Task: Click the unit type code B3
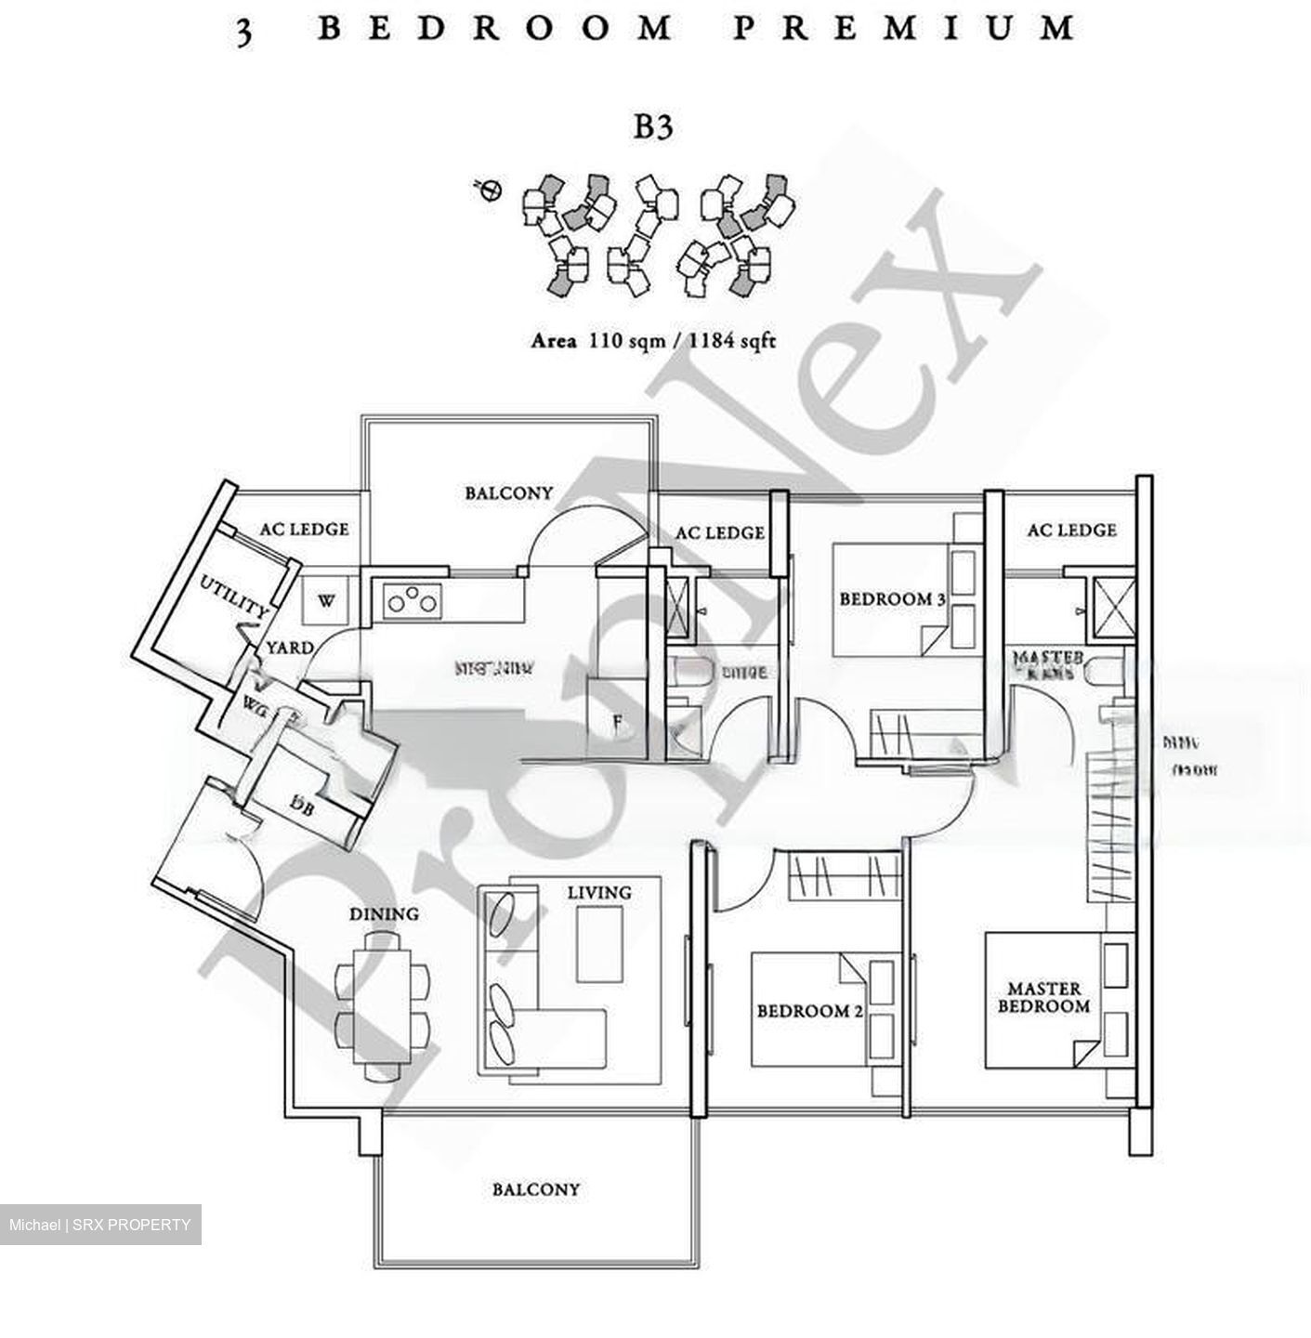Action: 652,127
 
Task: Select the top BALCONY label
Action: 508,493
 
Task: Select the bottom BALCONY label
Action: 535,1189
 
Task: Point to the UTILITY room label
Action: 235,597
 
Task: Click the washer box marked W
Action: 325,601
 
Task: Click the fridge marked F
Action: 617,722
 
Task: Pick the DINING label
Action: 384,914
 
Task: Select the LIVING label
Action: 599,893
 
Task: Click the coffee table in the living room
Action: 599,944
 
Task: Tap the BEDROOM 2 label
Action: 803,1011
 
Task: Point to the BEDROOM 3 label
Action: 892,599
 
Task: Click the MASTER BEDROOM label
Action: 1043,998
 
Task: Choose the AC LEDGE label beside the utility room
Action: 304,530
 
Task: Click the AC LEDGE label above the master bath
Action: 1071,531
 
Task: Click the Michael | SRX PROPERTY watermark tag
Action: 100,1225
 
